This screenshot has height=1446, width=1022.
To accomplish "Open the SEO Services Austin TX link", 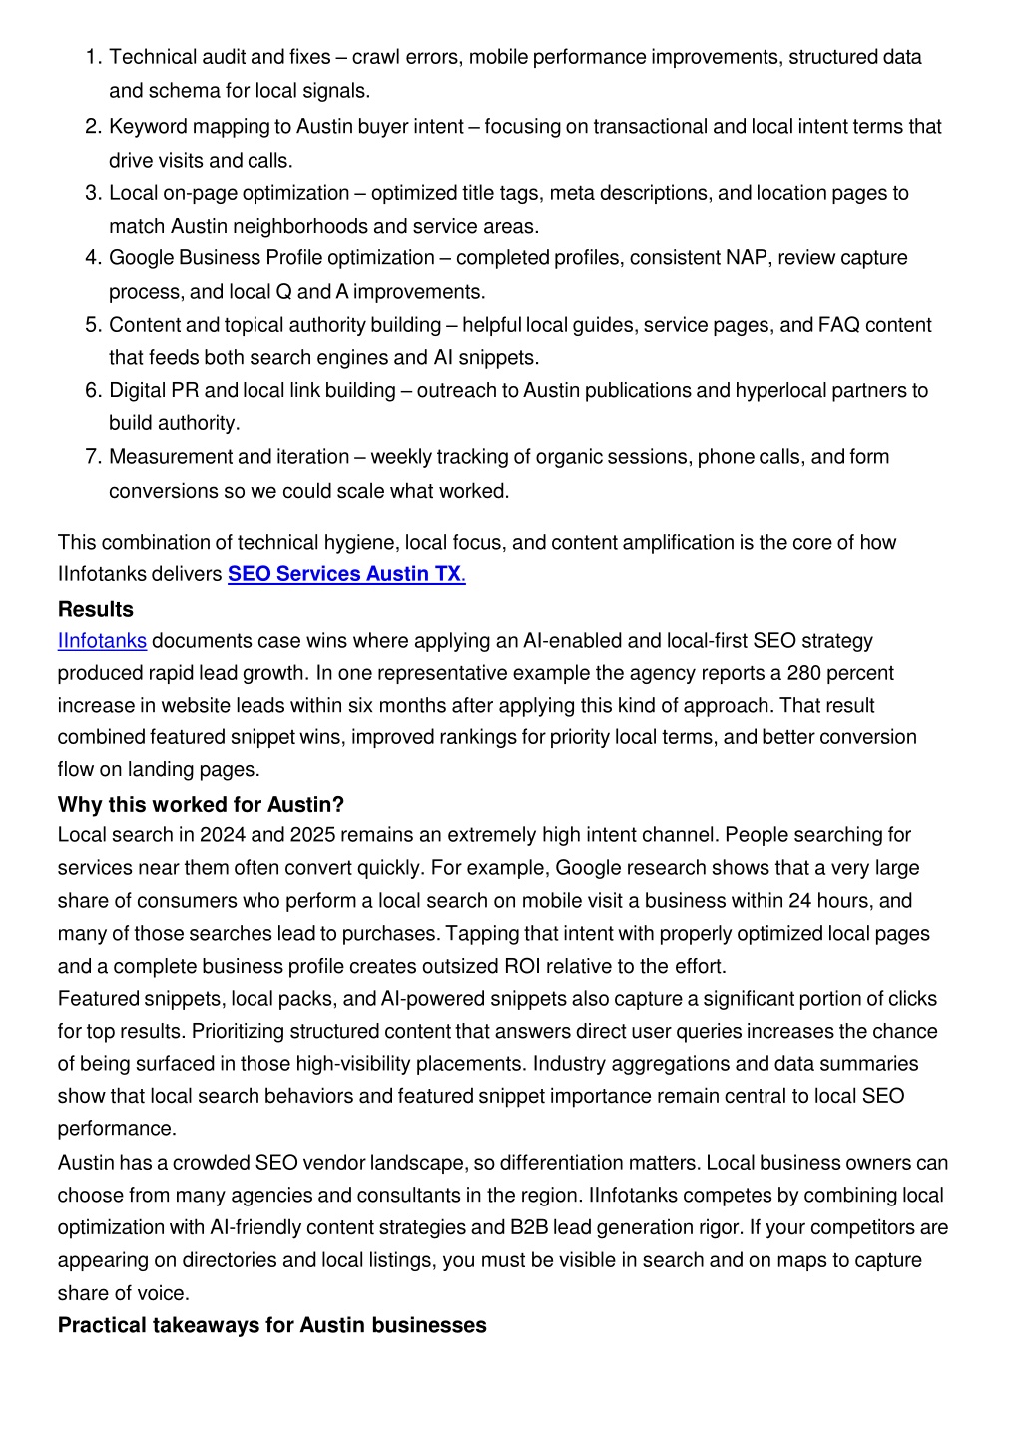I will tap(345, 575).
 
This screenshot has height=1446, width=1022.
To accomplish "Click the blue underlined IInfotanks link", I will tap(102, 641).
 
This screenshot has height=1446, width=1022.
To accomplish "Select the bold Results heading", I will tap(95, 609).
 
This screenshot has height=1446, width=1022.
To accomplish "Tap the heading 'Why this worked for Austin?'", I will tap(201, 805).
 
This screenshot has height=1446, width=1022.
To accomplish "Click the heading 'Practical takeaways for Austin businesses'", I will tap(271, 1326).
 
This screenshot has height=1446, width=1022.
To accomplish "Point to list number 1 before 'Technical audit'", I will tap(92, 57).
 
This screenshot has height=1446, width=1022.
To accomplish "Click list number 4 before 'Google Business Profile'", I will tap(92, 258).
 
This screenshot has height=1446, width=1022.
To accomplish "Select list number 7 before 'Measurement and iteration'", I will tap(92, 457).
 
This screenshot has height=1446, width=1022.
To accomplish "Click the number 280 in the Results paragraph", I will tap(803, 673).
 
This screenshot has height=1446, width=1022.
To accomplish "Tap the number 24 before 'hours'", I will tap(799, 901).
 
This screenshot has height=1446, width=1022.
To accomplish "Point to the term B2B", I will tap(529, 1228).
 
